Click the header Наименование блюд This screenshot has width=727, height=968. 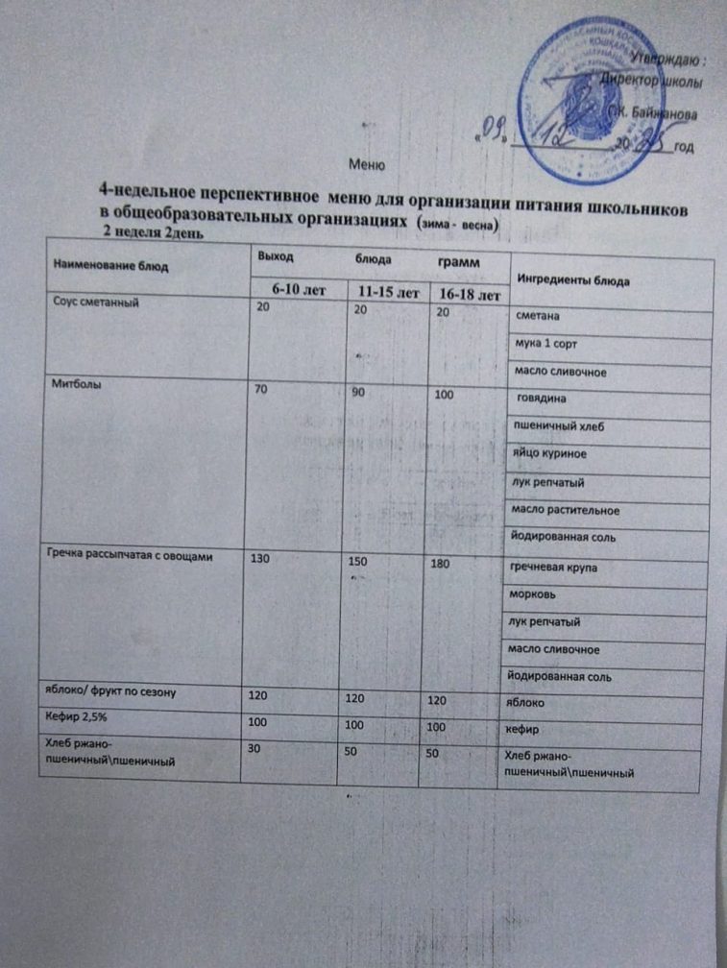tap(101, 261)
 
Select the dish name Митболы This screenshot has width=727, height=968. tap(73, 384)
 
